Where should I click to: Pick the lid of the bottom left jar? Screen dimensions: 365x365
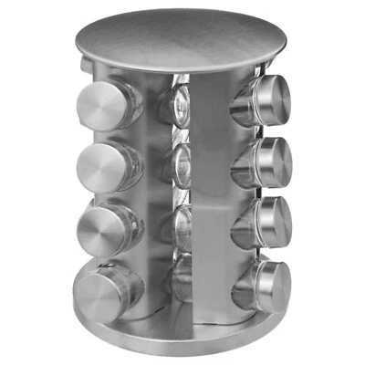click(98, 288)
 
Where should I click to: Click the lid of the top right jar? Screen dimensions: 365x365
click(271, 99)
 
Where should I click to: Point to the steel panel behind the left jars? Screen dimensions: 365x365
click(151, 192)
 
